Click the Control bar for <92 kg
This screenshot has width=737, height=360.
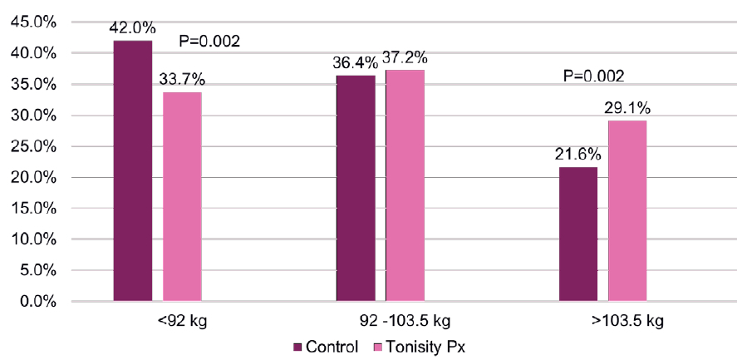[133, 170]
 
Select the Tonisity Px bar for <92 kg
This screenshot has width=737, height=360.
[182, 196]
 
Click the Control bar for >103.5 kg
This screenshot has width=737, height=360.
[578, 234]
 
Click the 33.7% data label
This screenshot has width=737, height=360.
[182, 80]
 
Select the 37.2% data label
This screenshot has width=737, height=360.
[405, 58]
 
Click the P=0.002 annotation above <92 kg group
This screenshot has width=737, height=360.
[210, 41]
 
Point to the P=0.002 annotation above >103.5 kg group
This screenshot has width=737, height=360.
[593, 76]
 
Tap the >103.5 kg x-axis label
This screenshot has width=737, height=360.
[604, 321]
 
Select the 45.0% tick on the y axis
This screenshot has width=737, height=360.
[32, 22]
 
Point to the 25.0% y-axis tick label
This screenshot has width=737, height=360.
[32, 146]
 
